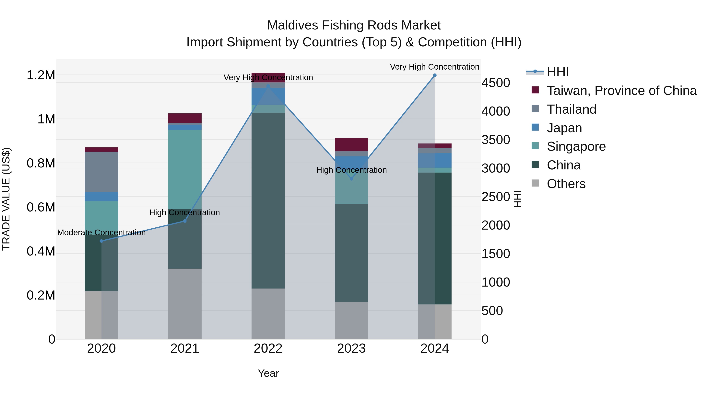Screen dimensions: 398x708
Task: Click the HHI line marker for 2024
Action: click(x=434, y=75)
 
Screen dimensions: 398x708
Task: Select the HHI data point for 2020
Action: click(x=101, y=241)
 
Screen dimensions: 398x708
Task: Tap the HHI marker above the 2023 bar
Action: click(x=351, y=179)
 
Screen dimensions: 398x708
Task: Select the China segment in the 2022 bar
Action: click(x=268, y=200)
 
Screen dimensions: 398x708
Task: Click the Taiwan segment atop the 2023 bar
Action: click(x=351, y=144)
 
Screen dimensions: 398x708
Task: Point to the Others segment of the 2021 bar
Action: click(x=185, y=303)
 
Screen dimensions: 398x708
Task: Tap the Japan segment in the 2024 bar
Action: click(x=434, y=160)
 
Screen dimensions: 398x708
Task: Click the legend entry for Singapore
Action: click(x=576, y=146)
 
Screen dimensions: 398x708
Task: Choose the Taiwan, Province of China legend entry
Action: click(x=621, y=91)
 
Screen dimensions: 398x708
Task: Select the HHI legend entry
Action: click(x=557, y=72)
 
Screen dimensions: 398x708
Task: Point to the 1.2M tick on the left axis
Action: click(x=41, y=75)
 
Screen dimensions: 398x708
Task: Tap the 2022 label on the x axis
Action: click(x=268, y=348)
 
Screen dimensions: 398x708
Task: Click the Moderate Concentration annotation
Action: click(x=101, y=233)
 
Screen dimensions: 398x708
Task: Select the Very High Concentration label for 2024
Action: click(x=434, y=67)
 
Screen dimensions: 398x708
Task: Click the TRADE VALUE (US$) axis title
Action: click(x=6, y=199)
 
